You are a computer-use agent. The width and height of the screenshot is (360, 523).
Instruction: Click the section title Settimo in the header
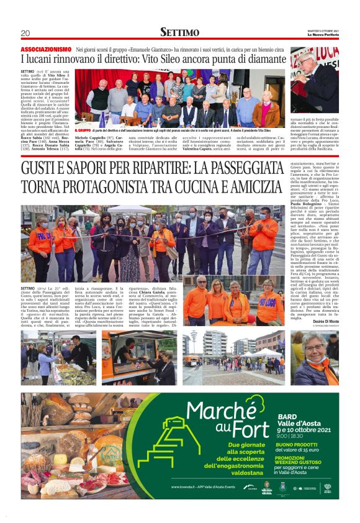(x=179, y=32)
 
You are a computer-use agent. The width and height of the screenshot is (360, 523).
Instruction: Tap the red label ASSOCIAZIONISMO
(x=46, y=48)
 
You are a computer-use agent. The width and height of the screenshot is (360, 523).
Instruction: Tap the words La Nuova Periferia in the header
(x=323, y=34)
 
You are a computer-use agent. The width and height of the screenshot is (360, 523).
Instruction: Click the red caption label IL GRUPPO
(x=83, y=131)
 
